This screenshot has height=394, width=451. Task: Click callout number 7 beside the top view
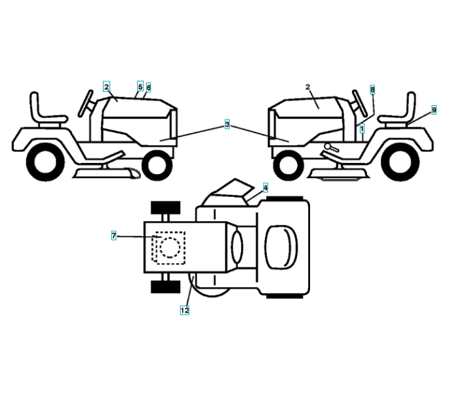click(114, 235)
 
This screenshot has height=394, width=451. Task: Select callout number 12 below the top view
click(184, 310)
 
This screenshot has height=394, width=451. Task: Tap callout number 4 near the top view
click(265, 187)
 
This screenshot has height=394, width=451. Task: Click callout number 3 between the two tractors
click(227, 123)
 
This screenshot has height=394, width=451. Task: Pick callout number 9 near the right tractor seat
click(434, 110)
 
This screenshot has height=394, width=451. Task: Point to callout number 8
click(372, 89)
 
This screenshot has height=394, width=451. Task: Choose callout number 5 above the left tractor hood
click(140, 86)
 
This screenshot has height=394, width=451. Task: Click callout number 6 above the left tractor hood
click(149, 87)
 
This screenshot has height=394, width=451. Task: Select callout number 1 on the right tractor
click(362, 129)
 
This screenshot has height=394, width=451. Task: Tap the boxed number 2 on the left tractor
click(106, 86)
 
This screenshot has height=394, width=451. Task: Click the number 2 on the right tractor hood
click(307, 86)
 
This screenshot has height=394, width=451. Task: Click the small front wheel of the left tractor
click(156, 165)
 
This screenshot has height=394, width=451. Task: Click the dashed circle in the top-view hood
click(170, 248)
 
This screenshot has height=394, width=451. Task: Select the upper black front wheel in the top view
click(165, 209)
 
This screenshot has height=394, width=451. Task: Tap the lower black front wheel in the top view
click(165, 286)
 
